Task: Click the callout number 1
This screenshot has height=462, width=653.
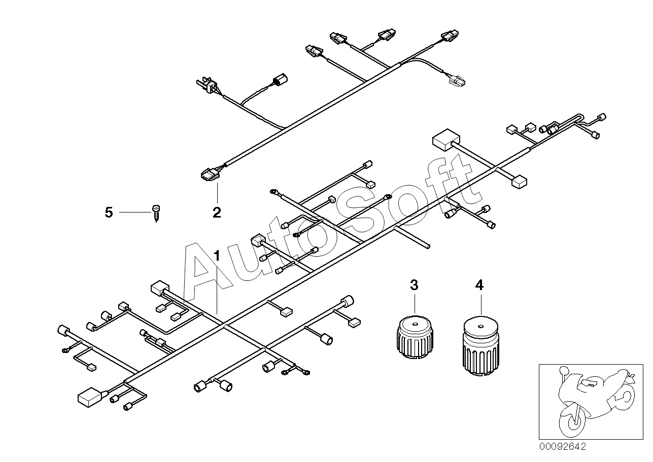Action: (x=217, y=255)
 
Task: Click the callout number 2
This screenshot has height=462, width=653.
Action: (x=217, y=212)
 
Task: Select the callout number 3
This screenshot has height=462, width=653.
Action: (x=414, y=285)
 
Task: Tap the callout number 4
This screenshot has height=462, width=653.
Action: (x=479, y=285)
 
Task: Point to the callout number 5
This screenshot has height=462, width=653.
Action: (x=109, y=212)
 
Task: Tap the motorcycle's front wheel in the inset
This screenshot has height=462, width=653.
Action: (x=572, y=418)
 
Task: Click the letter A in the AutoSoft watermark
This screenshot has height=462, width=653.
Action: (x=203, y=274)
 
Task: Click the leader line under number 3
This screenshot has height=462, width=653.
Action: (x=414, y=303)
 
